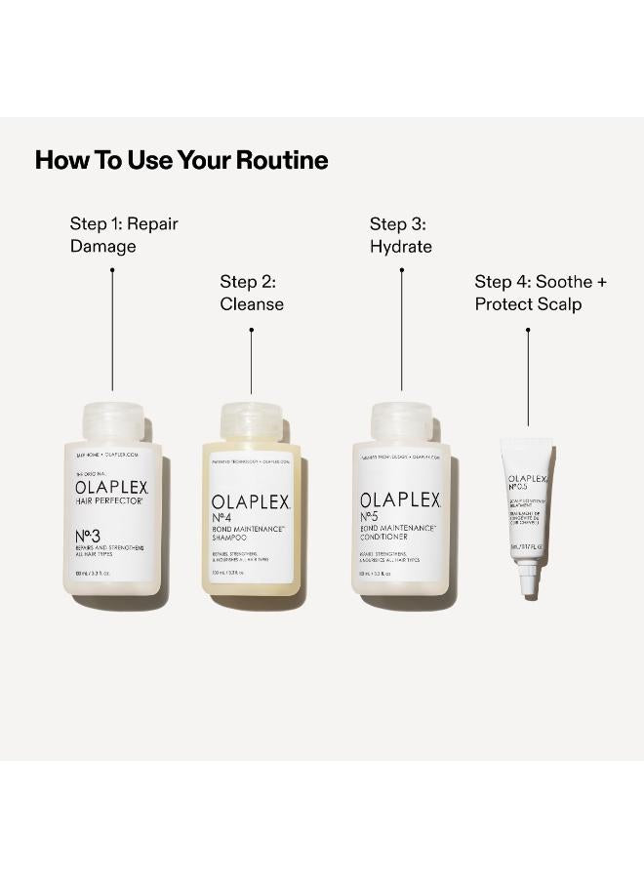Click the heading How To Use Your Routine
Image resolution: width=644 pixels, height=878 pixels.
coord(181,161)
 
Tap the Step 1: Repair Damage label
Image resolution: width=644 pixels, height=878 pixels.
coord(124,235)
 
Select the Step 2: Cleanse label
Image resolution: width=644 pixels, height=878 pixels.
coord(252,293)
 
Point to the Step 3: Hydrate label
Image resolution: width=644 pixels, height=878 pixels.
coord(401,235)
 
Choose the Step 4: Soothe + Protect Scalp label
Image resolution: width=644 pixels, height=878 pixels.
coord(541,293)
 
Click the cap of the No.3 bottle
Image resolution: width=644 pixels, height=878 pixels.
coord(112,419)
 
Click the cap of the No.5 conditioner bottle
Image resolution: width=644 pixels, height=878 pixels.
coord(401,419)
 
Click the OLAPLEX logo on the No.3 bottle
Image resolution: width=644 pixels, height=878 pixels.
coord(112,487)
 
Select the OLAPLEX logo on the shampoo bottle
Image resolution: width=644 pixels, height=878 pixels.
coord(251,502)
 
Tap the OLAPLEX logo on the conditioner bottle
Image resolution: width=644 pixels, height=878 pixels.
coord(401,501)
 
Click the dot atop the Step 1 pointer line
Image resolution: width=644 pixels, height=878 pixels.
coord(112,270)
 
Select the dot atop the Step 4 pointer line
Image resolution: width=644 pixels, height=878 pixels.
coord(528,329)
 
